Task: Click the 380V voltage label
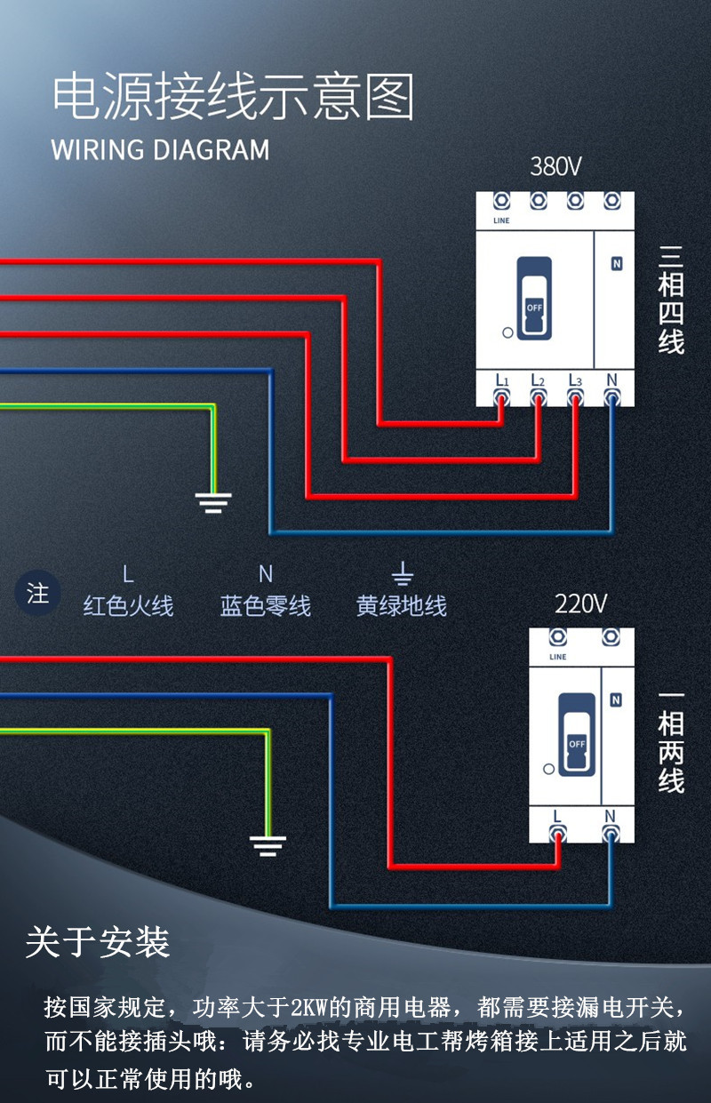pos(555,166)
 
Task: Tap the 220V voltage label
pos(580,603)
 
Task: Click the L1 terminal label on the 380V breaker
pos(502,380)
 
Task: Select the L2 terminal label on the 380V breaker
pos(538,380)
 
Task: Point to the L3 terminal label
pos(575,380)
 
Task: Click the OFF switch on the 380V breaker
pos(534,299)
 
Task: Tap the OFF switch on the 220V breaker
pos(577,735)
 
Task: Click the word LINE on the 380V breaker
pos(501,220)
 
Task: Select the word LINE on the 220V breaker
pos(558,657)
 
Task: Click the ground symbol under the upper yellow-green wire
pos(213,502)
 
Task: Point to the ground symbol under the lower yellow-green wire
pos(268,846)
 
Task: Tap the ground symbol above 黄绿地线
pos(403,573)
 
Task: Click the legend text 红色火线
pos(128,605)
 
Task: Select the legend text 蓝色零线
pos(266,605)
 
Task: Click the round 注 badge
pos(37,593)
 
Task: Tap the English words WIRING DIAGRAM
pos(161,149)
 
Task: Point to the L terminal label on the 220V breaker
pos(557,817)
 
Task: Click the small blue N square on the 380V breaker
pos(617,264)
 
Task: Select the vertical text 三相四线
pos(671,300)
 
